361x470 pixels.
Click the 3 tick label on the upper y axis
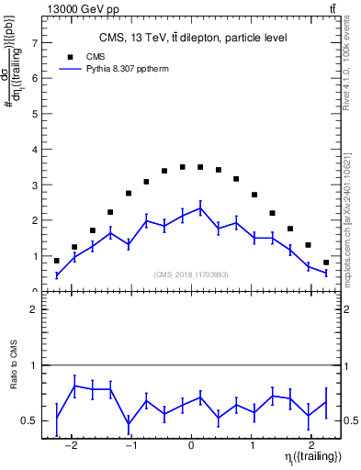coord(34,185)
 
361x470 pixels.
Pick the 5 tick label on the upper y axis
coord(34,114)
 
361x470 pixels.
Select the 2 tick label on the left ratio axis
coord(34,309)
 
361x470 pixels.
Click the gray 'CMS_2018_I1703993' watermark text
coord(191,274)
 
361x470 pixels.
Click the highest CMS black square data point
coord(183,167)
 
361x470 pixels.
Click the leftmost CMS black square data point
coord(57,261)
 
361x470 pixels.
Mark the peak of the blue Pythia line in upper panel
coord(200,207)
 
